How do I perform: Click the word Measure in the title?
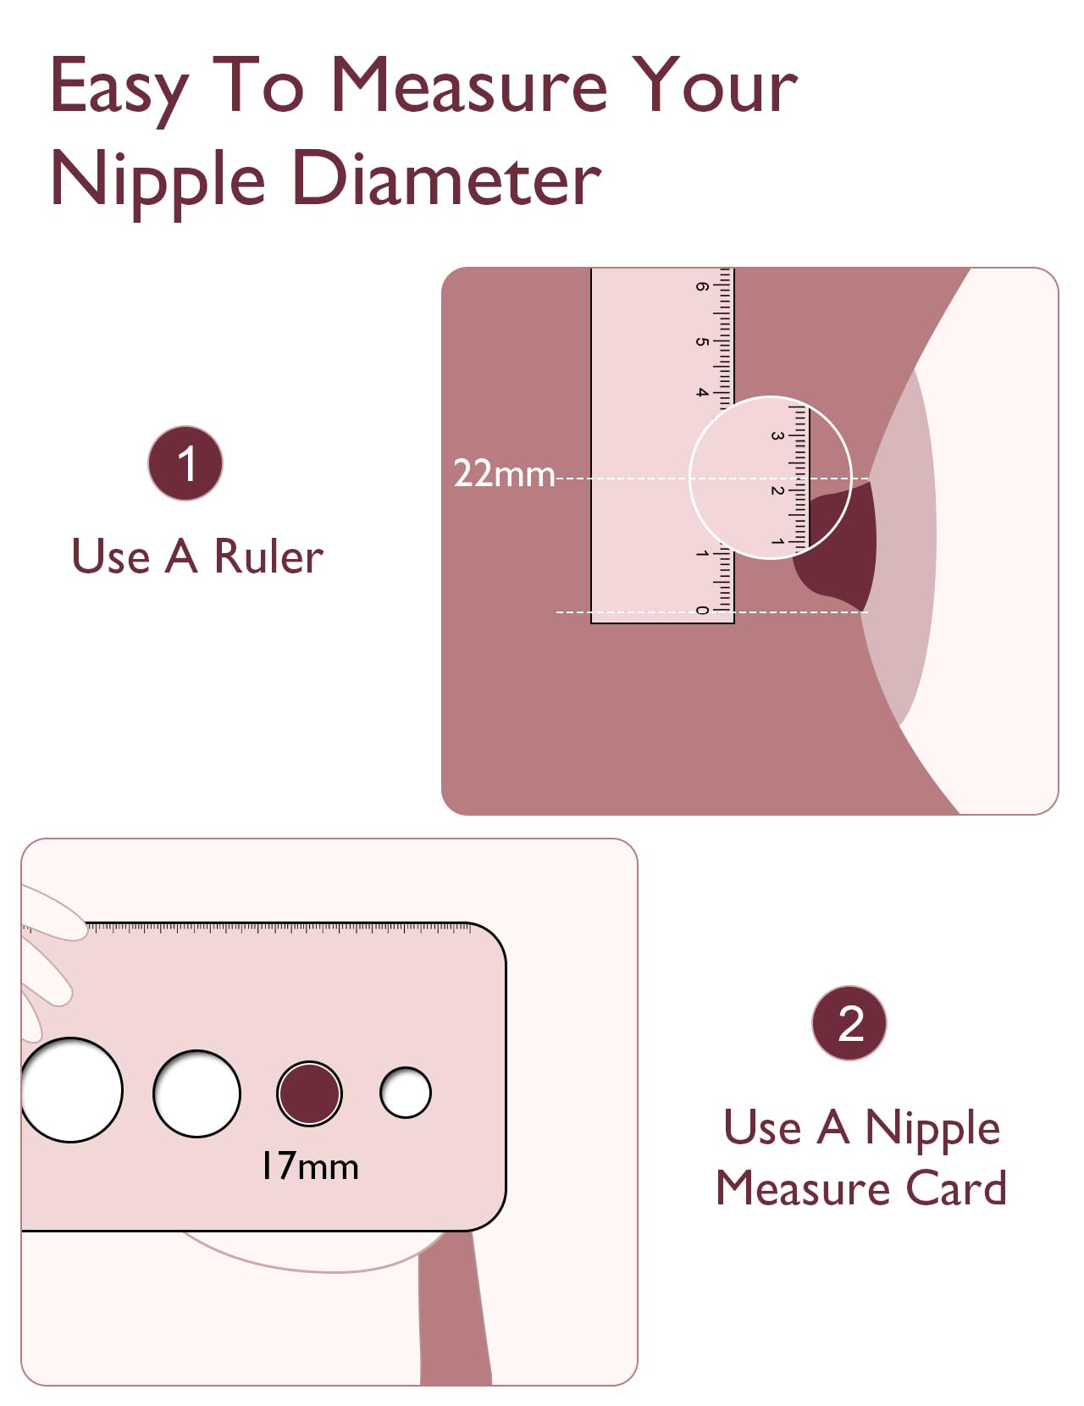tap(468, 86)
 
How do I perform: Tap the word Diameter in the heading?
tap(446, 180)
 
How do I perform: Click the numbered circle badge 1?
tap(185, 463)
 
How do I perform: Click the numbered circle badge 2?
tap(849, 1023)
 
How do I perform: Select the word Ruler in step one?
tap(268, 557)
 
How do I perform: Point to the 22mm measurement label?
tap(504, 473)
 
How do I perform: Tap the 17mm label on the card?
tap(310, 1166)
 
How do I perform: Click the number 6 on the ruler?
tap(702, 286)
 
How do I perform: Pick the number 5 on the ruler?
tap(702, 341)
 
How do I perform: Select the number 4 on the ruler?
tap(702, 392)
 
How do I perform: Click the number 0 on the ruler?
tap(702, 610)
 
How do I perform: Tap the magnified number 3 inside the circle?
tap(776, 436)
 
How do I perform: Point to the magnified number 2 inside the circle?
tap(776, 490)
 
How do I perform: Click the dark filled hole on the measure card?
tap(310, 1093)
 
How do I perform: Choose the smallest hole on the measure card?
tap(406, 1093)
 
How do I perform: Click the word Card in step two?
tap(956, 1188)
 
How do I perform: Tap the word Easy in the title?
tap(119, 88)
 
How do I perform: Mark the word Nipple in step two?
tap(932, 1129)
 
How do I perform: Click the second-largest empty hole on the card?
tap(196, 1093)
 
